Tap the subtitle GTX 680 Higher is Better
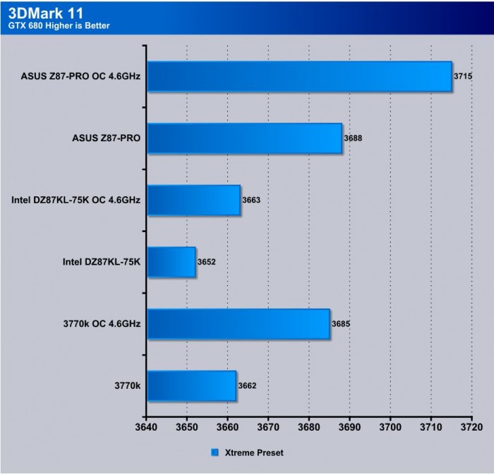59,26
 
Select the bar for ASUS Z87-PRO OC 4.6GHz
299,76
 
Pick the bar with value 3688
244,138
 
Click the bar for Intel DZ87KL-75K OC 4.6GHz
193,200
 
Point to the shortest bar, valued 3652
171,262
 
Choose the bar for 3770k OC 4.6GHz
239,324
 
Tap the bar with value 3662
191,385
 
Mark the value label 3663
252,200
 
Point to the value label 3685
341,324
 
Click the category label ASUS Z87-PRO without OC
106,138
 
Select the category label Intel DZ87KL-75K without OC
102,262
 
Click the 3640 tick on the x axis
146,427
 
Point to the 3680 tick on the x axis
308,427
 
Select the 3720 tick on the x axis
471,427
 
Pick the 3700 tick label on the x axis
390,427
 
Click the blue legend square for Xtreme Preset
215,452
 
